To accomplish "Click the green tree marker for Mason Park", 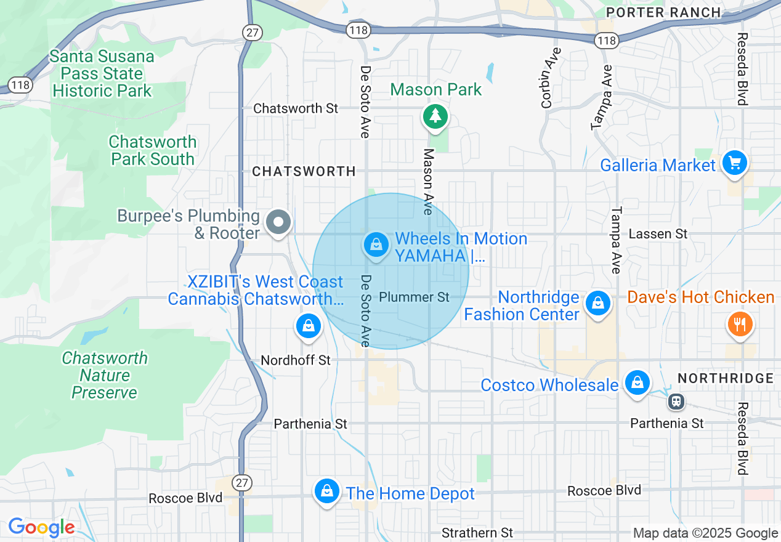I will click(x=435, y=116).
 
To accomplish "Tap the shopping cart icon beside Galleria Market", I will click(x=734, y=163).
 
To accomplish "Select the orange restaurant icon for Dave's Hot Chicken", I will click(x=740, y=323).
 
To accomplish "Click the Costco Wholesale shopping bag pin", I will click(x=637, y=382).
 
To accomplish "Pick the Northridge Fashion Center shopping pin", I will click(x=597, y=302).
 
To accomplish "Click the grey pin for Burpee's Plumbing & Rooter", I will click(x=278, y=221).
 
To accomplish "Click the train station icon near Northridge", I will click(x=676, y=402).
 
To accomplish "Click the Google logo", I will click(x=41, y=528).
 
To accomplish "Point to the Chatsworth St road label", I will click(x=296, y=108).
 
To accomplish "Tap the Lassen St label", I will click(x=658, y=234).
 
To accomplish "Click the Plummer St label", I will click(x=414, y=297).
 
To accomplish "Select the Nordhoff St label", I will click(x=296, y=360).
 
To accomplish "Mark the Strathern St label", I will click(x=477, y=533).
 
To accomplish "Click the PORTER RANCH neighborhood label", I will click(x=663, y=12).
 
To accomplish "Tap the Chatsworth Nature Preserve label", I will click(x=105, y=375).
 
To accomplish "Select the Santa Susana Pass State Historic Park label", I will click(x=102, y=74).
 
